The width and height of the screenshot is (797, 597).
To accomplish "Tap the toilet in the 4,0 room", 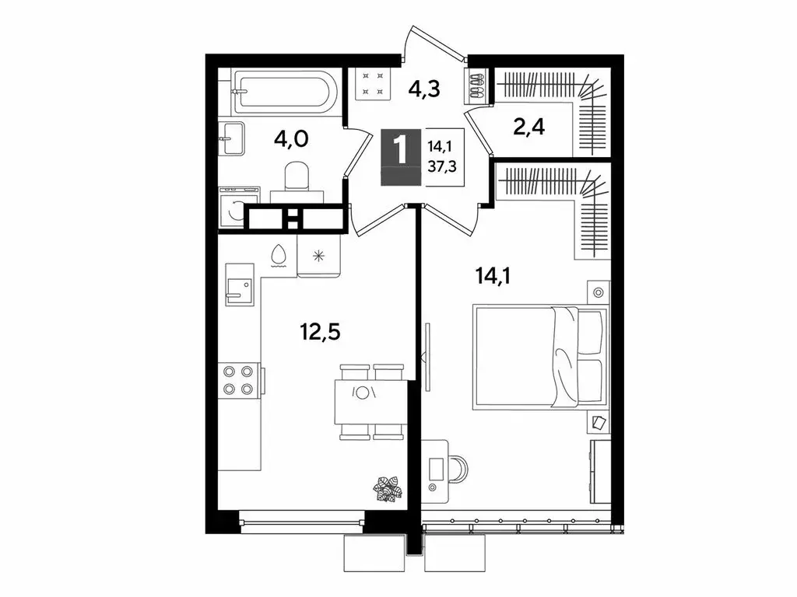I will point(296,178).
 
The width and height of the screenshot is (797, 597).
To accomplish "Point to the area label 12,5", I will point(321,333).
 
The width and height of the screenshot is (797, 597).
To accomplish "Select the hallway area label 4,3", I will point(425,88).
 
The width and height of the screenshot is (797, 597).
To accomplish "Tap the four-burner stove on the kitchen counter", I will point(237,381).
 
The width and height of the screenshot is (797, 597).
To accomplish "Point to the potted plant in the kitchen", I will point(387,488).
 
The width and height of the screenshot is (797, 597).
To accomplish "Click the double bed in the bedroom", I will point(539,356).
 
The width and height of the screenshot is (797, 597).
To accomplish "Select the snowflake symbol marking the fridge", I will point(318,257).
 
